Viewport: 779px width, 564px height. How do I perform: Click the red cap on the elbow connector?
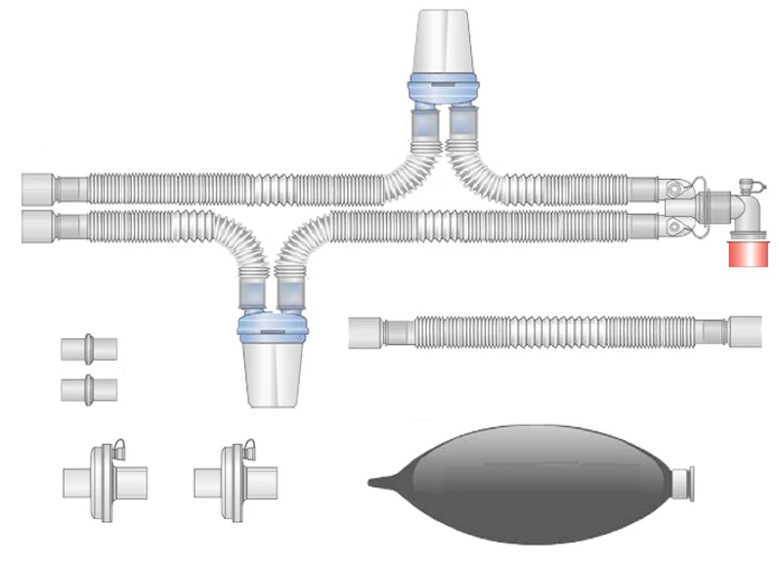point(748,253)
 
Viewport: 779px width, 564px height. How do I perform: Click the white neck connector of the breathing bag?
point(687,480)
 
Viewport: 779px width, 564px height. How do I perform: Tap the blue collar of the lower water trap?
point(275,325)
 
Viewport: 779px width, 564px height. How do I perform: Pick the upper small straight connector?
point(88,348)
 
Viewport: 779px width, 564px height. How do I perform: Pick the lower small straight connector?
point(88,389)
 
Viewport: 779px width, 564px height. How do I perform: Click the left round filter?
point(104,478)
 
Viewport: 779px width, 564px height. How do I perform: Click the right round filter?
point(235,478)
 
